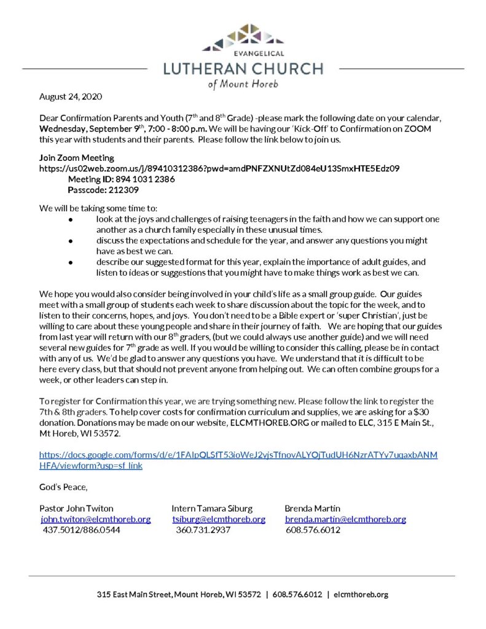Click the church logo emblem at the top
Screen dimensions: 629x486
[243, 38]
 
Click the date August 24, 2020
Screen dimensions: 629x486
[71, 97]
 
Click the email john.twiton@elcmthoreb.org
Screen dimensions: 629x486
[96, 519]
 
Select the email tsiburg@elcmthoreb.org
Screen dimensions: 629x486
[219, 519]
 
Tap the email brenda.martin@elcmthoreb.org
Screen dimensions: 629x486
[345, 519]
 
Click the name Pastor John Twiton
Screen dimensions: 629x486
[76, 508]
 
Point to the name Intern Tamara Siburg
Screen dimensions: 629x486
[212, 508]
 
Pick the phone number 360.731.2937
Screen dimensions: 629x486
[203, 529]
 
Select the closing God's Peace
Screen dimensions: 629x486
[63, 487]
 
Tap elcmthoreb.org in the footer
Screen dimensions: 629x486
[361, 595]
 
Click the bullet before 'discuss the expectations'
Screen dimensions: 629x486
[71, 241]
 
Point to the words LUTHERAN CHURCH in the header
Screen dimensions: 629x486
[243, 68]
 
